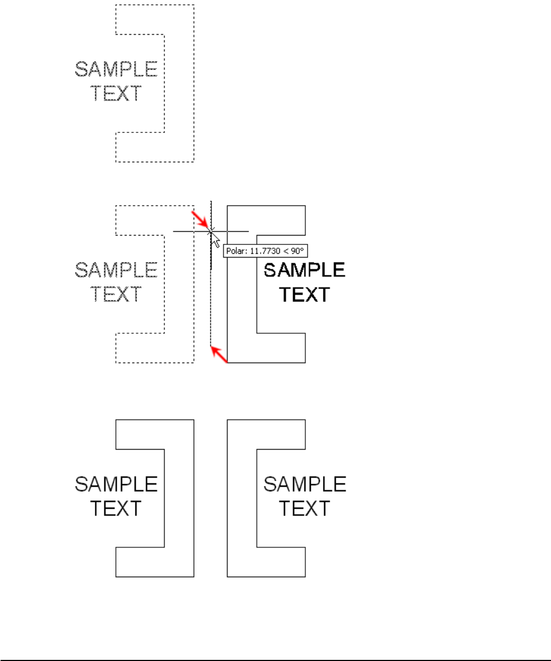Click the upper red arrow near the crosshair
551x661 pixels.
click(200, 220)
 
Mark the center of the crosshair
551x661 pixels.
click(210, 231)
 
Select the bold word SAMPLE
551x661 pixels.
click(305, 270)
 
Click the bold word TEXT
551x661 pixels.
click(305, 295)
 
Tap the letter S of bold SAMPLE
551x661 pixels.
click(271, 270)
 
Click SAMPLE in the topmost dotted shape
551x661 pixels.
click(116, 70)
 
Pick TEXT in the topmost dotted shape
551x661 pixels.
click(116, 93)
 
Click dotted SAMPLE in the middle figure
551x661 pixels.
click(116, 270)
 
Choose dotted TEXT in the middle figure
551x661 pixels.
click(116, 294)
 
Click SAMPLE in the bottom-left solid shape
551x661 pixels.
click(116, 484)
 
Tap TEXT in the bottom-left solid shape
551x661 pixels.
click(116, 508)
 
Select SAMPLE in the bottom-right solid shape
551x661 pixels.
click(305, 484)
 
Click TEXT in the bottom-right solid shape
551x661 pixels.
click(305, 508)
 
